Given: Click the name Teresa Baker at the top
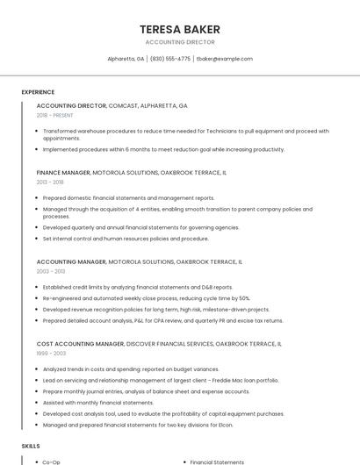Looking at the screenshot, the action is (179, 29).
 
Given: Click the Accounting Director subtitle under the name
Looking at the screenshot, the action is (179, 42).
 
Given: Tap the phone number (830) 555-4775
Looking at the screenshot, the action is (170, 59).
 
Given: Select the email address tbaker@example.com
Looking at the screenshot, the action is (224, 59).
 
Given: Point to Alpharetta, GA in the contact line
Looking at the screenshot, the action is (126, 59).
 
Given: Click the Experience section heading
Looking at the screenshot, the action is (38, 92).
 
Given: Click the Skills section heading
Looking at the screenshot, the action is (31, 447).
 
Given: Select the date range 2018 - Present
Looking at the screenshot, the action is (54, 115).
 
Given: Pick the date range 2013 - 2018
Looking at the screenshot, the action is (50, 182).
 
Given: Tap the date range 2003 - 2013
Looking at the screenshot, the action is (50, 271).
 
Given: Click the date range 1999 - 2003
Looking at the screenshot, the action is (50, 354).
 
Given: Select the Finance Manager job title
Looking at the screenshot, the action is (63, 173).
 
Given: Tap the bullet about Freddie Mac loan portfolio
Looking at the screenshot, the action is (161, 381).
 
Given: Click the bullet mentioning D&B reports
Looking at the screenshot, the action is (138, 287).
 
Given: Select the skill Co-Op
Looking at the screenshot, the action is (51, 461).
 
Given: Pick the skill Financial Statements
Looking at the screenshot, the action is (217, 461).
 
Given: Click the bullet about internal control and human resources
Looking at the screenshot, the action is (126, 239).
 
